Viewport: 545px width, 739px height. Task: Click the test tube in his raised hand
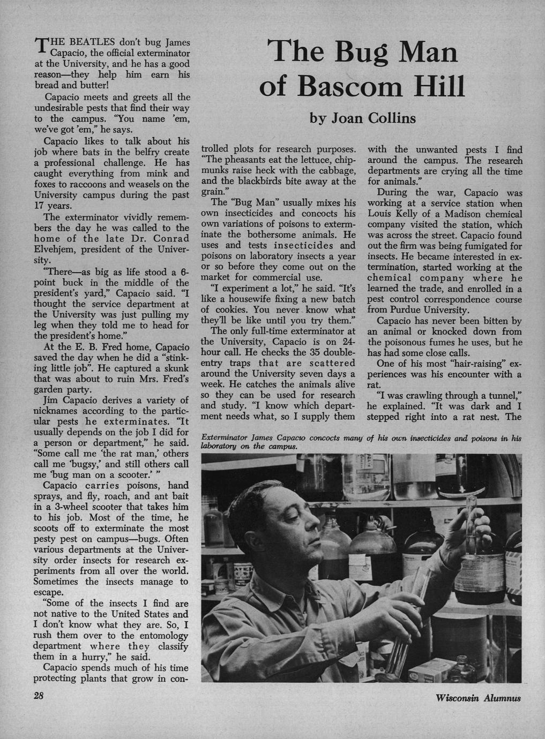tap(471, 514)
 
